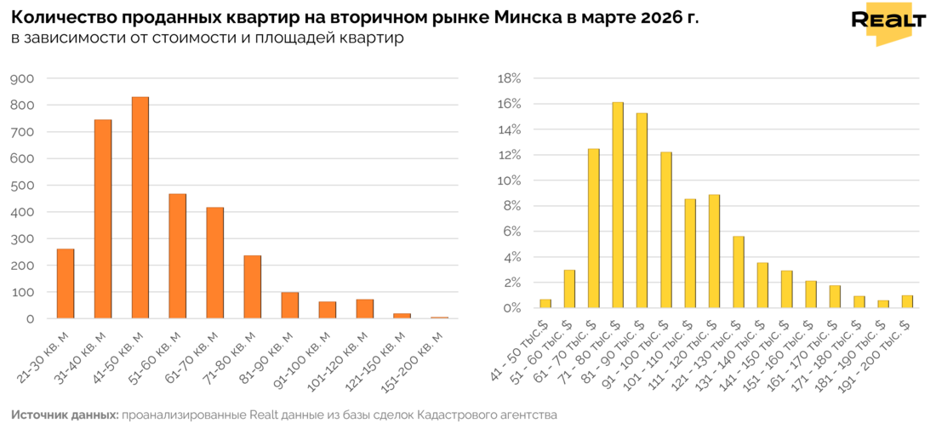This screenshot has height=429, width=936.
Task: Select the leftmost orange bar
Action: [x=65, y=283]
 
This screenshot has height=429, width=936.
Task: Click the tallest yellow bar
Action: [x=617, y=204]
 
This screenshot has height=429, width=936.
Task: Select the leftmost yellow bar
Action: [x=545, y=303]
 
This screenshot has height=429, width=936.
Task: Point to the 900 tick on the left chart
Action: [x=22, y=78]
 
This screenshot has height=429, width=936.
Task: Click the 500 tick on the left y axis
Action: [x=22, y=185]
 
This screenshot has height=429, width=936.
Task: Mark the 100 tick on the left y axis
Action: [x=22, y=292]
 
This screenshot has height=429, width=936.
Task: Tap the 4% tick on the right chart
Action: [x=511, y=257]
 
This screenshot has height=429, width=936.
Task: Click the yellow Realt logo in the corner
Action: [x=888, y=23]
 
